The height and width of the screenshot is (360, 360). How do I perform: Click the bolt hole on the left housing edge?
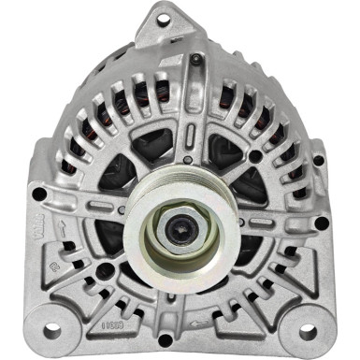38,194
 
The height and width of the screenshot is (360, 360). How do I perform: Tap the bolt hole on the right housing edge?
321,223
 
